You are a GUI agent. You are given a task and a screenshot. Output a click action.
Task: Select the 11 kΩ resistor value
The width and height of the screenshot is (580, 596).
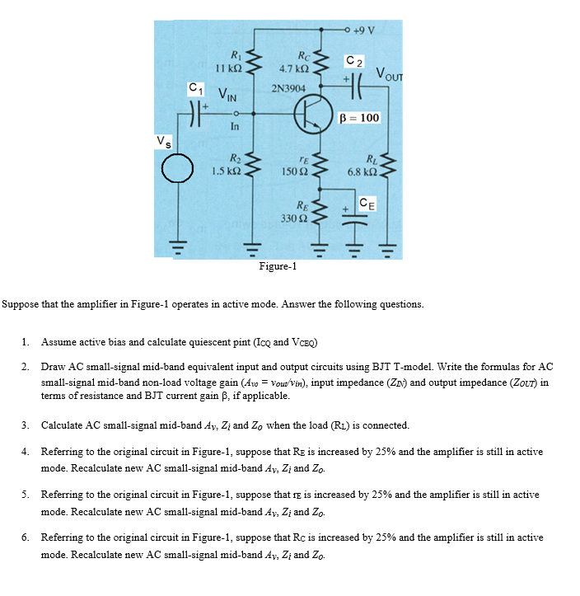pyautogui.click(x=226, y=69)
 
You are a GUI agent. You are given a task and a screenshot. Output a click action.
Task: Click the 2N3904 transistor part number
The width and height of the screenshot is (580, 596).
pyautogui.click(x=288, y=88)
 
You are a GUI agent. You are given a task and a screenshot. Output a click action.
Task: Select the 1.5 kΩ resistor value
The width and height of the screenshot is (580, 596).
pyautogui.click(x=225, y=171)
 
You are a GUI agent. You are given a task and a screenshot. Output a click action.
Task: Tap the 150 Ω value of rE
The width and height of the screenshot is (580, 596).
pyautogui.click(x=292, y=171)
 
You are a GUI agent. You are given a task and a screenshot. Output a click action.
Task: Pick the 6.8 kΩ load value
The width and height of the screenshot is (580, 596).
pyautogui.click(x=362, y=171)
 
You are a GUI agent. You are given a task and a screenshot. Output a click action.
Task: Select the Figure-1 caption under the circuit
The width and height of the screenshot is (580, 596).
pyautogui.click(x=278, y=266)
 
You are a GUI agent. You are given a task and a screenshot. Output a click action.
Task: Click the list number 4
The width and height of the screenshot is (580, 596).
pyautogui.click(x=26, y=453)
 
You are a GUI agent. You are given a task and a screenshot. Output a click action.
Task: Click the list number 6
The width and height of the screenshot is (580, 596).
pyautogui.click(x=26, y=537)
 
